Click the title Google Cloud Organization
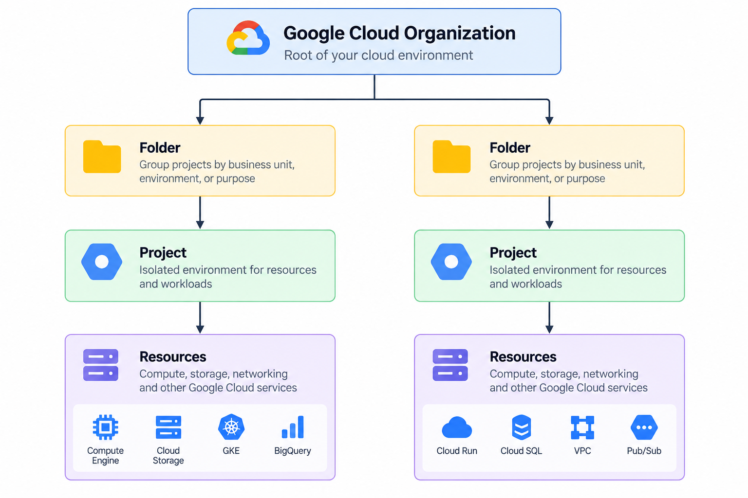[x=399, y=34]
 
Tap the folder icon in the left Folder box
[x=102, y=157]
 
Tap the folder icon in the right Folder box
[x=451, y=157]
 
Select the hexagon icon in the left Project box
[x=102, y=262]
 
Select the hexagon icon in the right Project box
[x=451, y=262]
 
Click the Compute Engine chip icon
[x=106, y=427]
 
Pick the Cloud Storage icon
[x=168, y=427]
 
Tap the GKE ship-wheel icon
[x=231, y=427]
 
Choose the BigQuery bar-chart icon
[x=293, y=427]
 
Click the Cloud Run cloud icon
[x=457, y=427]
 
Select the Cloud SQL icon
[x=521, y=427]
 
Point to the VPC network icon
[x=582, y=427]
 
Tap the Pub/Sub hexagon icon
[x=644, y=427]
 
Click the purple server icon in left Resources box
[x=100, y=365]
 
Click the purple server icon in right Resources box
[x=450, y=365]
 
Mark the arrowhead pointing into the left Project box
[x=200, y=225]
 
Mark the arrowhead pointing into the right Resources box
[x=549, y=329]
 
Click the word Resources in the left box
[x=173, y=357]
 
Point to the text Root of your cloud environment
[x=378, y=55]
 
